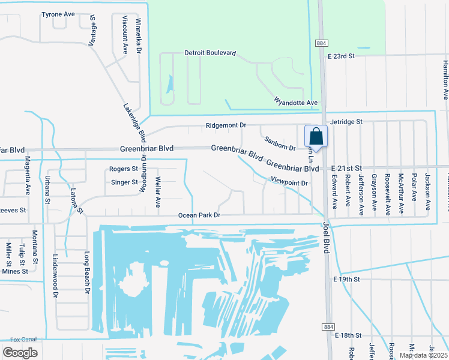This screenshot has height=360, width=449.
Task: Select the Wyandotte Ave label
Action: click(295, 102)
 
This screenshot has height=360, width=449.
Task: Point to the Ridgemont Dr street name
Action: click(226, 125)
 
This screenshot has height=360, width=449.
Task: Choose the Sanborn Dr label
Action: click(280, 143)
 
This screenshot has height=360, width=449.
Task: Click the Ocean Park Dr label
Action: click(199, 215)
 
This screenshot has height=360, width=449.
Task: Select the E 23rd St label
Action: click(342, 56)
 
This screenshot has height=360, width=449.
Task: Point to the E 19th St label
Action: click(346, 280)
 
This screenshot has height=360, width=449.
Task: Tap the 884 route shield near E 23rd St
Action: click(321, 43)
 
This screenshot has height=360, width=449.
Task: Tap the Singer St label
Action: click(124, 182)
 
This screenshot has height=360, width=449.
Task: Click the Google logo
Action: click(20, 352)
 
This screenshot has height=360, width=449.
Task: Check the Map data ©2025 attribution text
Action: click(422, 355)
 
